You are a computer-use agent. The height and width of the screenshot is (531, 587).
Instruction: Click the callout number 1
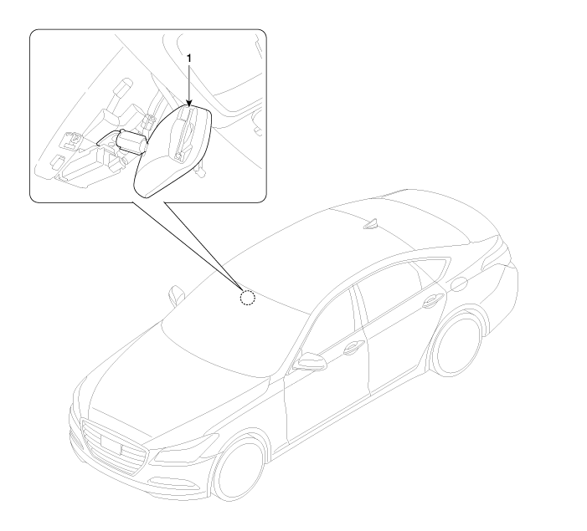click(x=189, y=59)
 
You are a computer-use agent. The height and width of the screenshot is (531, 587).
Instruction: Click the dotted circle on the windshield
click(x=248, y=298)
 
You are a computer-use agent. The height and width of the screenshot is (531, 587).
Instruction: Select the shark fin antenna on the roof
click(x=372, y=223)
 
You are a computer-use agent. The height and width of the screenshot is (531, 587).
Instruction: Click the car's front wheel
click(x=240, y=467)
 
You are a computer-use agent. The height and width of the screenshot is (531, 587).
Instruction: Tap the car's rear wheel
click(x=456, y=344)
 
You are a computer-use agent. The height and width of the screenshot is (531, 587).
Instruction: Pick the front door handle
click(x=353, y=347)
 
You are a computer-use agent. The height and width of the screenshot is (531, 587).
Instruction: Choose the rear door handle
click(x=433, y=301)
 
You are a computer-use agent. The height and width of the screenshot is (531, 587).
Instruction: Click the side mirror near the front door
click(x=309, y=361)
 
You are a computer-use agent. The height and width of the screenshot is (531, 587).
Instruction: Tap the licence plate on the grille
click(x=111, y=444)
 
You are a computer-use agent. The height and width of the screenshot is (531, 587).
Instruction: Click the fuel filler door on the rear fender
click(x=459, y=284)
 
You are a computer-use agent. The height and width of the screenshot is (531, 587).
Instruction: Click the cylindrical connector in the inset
click(x=131, y=141)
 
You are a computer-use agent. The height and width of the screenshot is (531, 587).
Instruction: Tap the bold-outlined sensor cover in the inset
click(x=173, y=151)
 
